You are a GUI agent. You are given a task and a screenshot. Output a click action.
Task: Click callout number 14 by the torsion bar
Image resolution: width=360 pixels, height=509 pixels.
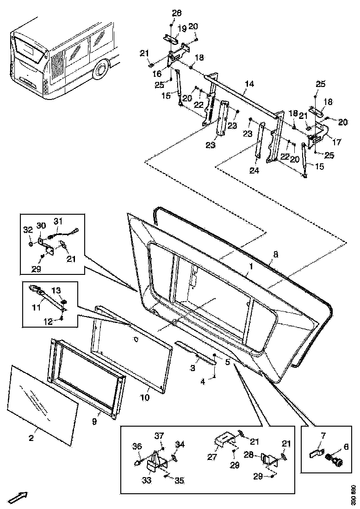click(249, 84)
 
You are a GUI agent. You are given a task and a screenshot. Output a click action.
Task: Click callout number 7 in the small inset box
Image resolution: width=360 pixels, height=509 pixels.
click(323, 435)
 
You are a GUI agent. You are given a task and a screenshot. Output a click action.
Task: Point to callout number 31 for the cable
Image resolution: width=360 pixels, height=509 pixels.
click(58, 221)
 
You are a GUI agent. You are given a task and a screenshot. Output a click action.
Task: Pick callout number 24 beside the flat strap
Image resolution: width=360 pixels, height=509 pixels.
click(254, 170)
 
